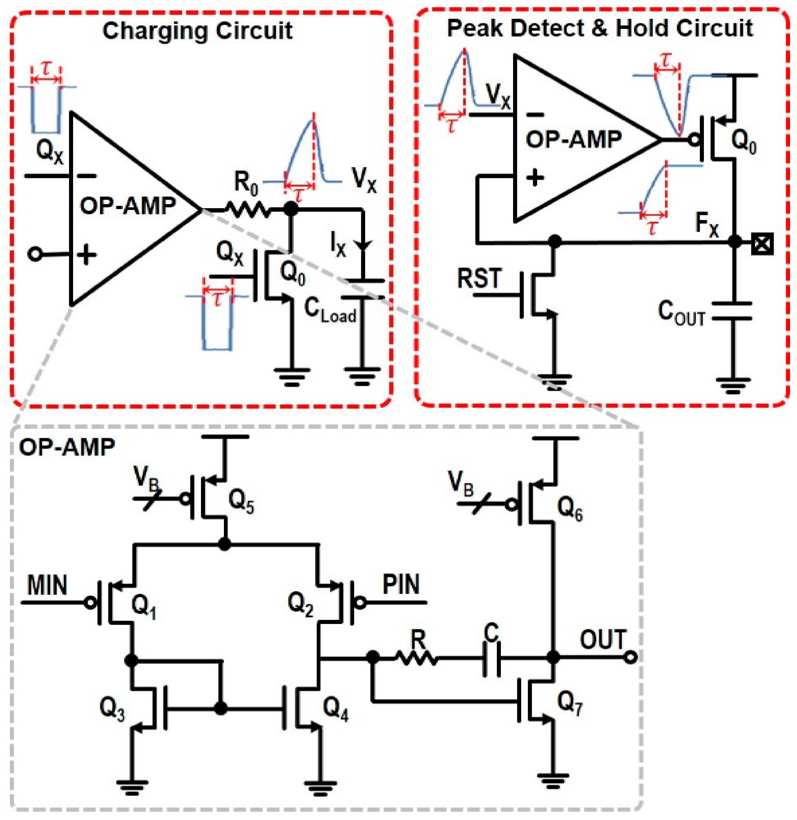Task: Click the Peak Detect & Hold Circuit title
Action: pos(600,28)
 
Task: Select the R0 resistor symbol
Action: pos(248,209)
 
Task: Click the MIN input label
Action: pos(47,585)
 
